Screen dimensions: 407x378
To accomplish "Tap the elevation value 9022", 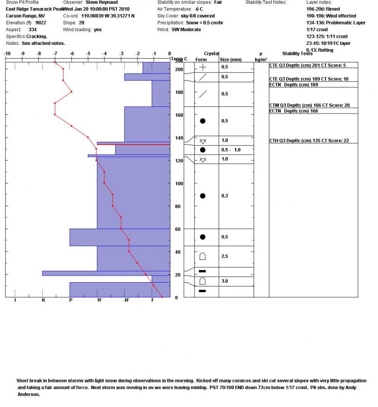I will pos(41,23).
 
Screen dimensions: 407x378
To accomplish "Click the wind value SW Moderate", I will pos(186,29).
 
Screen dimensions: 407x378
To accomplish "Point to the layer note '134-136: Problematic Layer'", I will pos(335,23).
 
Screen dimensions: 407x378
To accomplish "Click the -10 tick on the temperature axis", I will pos(7,53).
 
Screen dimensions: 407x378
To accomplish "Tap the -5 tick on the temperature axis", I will pos(88,53).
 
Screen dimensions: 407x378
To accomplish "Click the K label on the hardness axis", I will pos(43,300).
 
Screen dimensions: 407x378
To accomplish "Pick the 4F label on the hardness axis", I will pos(126,300).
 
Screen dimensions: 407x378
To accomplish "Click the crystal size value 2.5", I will pos(225,256).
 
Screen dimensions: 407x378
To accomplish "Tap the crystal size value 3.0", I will pos(225,281).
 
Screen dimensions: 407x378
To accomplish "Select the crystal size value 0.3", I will pos(225,196).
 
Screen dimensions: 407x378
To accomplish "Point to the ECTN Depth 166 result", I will pos(293,111).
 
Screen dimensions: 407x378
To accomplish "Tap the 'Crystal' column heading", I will pos(211,53).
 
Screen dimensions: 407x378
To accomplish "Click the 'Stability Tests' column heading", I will pos(297,53).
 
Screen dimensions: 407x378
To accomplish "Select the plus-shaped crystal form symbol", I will pos(203,67).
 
